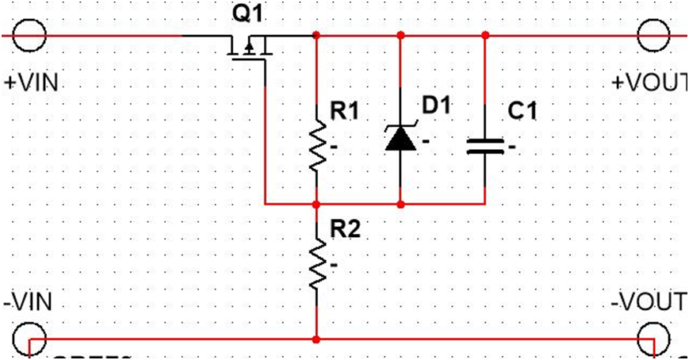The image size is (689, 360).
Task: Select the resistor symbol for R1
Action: tap(317, 147)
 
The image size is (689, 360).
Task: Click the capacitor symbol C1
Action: tap(485, 146)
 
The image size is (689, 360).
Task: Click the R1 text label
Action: tap(344, 113)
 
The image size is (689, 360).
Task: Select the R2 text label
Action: tap(344, 231)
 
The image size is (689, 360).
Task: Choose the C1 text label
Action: tap(522, 113)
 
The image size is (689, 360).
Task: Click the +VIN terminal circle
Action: tap(30, 35)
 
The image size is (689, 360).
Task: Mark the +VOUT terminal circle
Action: tap(655, 35)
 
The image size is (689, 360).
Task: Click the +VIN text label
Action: tap(32, 82)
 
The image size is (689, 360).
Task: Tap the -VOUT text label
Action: tap(649, 302)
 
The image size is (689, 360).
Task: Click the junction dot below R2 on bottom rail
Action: tap(317, 339)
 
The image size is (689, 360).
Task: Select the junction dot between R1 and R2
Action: tap(317, 204)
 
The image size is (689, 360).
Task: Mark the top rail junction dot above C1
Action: tap(485, 35)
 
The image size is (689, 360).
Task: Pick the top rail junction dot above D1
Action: tap(400, 35)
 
